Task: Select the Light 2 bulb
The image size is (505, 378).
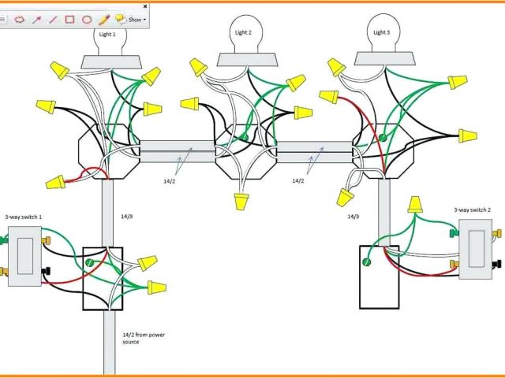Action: tap(243, 35)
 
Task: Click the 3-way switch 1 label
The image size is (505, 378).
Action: tap(24, 217)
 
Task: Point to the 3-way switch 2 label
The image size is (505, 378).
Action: tap(473, 210)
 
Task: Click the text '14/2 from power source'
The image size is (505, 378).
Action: tap(144, 338)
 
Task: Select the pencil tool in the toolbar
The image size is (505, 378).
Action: tap(103, 19)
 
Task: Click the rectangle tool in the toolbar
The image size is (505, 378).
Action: tap(69, 19)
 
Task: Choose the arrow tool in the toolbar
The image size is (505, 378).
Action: tap(36, 19)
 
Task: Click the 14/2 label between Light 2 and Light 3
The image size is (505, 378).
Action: tap(298, 181)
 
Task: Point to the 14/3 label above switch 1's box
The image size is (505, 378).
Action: tap(128, 215)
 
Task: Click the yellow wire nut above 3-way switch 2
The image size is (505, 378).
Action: tap(414, 206)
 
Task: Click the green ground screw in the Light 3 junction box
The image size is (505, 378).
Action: tap(382, 139)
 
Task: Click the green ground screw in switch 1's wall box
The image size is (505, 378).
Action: tap(91, 261)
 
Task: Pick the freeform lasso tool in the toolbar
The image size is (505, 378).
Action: tap(20, 19)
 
